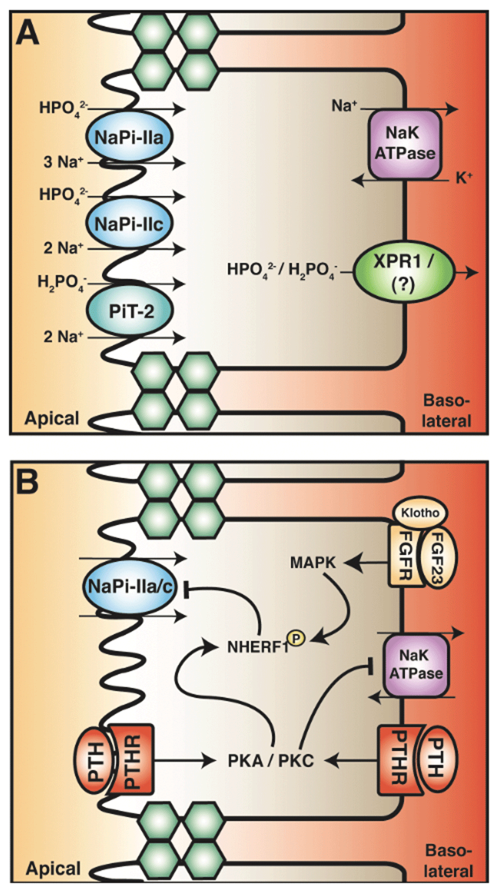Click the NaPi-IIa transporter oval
click(x=129, y=137)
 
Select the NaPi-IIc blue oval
click(x=129, y=223)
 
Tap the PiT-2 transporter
click(x=129, y=311)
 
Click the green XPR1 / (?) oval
click(x=404, y=272)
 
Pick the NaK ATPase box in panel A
click(x=405, y=144)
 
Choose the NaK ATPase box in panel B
click(x=416, y=666)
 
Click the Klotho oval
click(x=420, y=513)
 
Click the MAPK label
click(x=313, y=563)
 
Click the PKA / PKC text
click(x=271, y=761)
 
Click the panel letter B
click(x=28, y=481)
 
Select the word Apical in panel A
click(x=52, y=418)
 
